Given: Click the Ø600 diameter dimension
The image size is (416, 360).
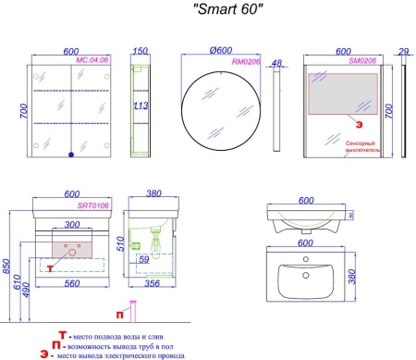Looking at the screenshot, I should [x=218, y=52].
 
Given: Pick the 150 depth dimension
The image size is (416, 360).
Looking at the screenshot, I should [x=141, y=52].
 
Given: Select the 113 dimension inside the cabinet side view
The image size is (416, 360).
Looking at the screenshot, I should [x=139, y=106].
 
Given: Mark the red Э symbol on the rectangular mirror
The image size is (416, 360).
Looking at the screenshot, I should [x=350, y=120].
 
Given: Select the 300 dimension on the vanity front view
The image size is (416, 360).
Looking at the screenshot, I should [x=70, y=226].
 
